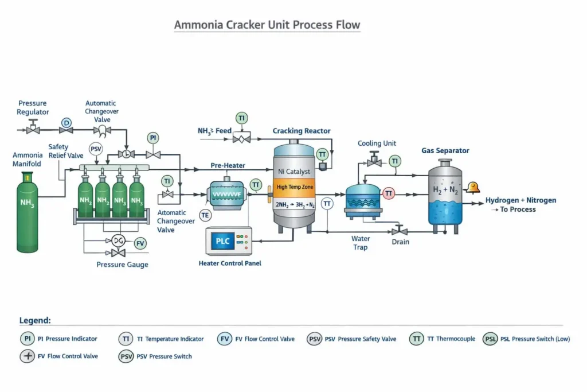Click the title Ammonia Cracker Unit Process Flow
pyautogui.click(x=267, y=25)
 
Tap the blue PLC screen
pyautogui.click(x=223, y=242)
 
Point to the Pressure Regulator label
pyautogui.click(x=33, y=108)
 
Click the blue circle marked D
pyautogui.click(x=66, y=123)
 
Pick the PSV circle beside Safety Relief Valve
pyautogui.click(x=96, y=150)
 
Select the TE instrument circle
pyautogui.click(x=205, y=215)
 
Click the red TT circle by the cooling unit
pyautogui.click(x=389, y=193)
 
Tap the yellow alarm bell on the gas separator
pyautogui.click(x=473, y=187)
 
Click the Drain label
pyautogui.click(x=400, y=242)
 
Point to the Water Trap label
pyautogui.click(x=361, y=243)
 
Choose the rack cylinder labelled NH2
pyautogui.click(x=103, y=201)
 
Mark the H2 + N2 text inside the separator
pyautogui.click(x=445, y=191)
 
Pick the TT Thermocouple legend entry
pyautogui.click(x=443, y=339)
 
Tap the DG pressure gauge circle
pyautogui.click(x=119, y=240)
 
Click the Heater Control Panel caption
pyautogui.click(x=229, y=263)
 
